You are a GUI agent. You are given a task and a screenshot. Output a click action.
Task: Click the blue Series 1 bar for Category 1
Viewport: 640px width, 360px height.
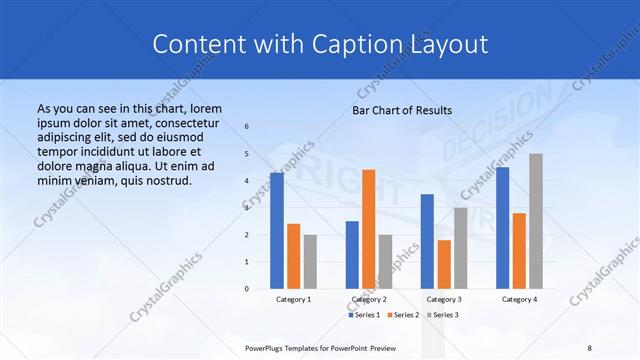pos(277,231)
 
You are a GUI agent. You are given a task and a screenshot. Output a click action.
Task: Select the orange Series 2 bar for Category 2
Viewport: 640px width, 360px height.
pos(368,229)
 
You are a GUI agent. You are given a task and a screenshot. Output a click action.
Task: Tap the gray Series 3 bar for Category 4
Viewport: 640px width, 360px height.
pos(535,221)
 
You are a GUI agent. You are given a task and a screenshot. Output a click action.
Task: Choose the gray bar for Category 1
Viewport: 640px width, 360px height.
pos(309,261)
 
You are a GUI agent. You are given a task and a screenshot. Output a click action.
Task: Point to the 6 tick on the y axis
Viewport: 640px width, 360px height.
pos(247,127)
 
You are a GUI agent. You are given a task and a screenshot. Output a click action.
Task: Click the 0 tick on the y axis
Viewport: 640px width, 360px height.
pos(247,289)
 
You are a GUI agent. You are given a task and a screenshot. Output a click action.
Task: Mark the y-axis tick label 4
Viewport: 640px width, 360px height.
pos(247,181)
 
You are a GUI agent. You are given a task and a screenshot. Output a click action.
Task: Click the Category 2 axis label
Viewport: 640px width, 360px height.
pos(368,300)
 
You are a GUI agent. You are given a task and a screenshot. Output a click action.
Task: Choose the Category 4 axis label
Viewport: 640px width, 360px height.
pos(519,300)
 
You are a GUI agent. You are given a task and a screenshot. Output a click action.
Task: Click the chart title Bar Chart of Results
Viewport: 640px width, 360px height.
pos(402,110)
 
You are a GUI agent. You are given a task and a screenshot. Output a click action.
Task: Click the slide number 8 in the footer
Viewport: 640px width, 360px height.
pos(589,348)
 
